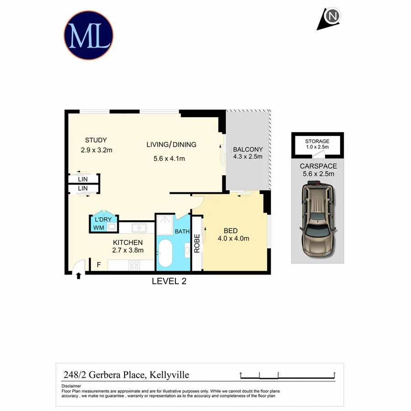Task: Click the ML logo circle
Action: tap(88, 36)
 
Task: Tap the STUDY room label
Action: tap(96, 140)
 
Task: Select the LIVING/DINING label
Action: tap(171, 145)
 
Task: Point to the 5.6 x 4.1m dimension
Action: tap(169, 159)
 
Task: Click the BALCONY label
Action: tap(248, 149)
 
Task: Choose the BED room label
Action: tap(230, 231)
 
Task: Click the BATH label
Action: tap(182, 232)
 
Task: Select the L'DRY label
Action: tap(103, 219)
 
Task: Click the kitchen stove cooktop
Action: tap(135, 264)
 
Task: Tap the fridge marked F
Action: tap(98, 264)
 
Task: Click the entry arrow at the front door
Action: tap(79, 276)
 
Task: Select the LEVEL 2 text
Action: tap(169, 281)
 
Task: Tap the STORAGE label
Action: tap(317, 142)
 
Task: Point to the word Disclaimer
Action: tap(71, 386)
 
